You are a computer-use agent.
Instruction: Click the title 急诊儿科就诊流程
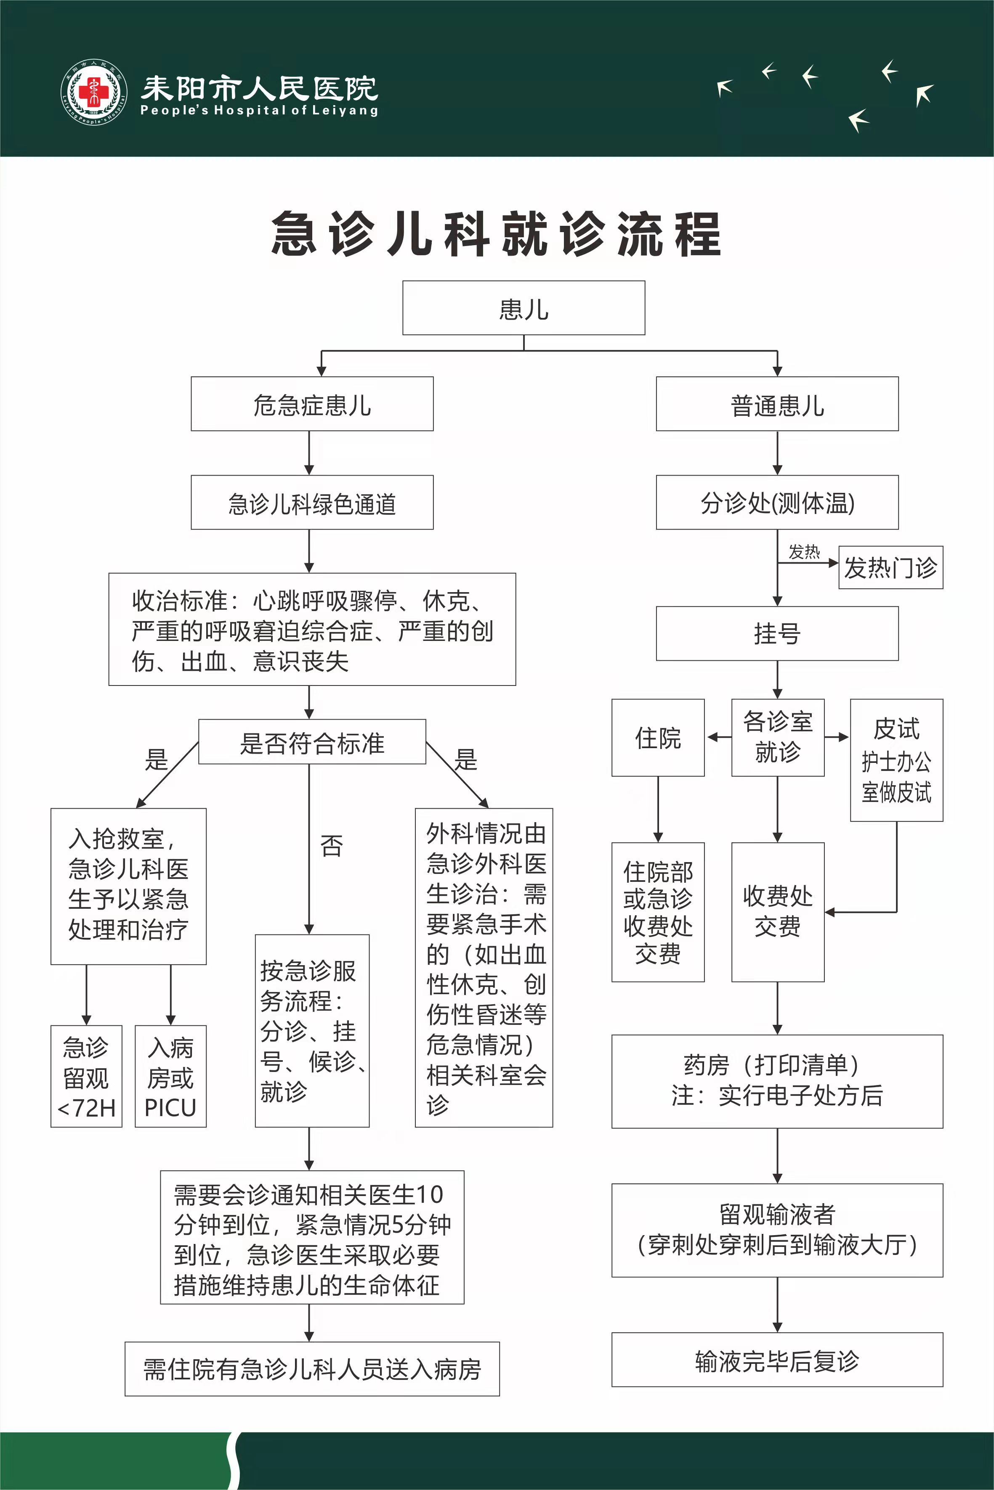(496, 234)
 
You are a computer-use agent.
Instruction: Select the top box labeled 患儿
(524, 309)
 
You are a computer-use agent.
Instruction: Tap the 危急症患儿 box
(312, 404)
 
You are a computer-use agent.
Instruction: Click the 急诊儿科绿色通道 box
(312, 503)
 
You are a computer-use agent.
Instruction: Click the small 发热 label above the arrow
(804, 552)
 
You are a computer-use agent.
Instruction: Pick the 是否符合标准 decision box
(312, 742)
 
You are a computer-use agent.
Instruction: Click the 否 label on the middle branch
(331, 846)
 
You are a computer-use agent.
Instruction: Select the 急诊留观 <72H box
(86, 1076)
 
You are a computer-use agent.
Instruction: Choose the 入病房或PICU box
(170, 1076)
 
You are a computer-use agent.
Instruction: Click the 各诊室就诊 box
(778, 737)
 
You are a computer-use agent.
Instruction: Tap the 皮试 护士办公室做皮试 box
(896, 760)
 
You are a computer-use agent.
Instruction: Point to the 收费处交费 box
(778, 912)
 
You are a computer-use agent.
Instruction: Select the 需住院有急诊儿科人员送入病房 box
(312, 1369)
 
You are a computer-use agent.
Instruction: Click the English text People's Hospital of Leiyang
(259, 110)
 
